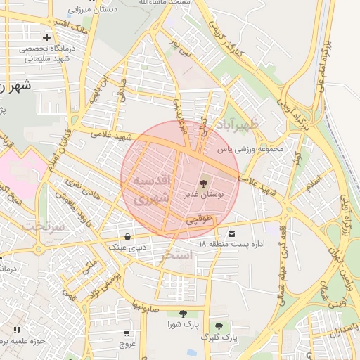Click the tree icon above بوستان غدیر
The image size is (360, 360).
(203, 184)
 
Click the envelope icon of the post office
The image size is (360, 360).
(232, 233)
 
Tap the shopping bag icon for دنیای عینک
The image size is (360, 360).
(127, 236)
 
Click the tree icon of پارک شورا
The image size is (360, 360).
(184, 314)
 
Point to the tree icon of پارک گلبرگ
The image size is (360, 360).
(219, 326)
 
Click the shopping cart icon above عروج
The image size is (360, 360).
(127, 333)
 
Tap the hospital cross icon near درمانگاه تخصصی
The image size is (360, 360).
(46, 37)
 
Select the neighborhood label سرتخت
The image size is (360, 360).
(43, 226)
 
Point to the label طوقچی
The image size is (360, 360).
(198, 219)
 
